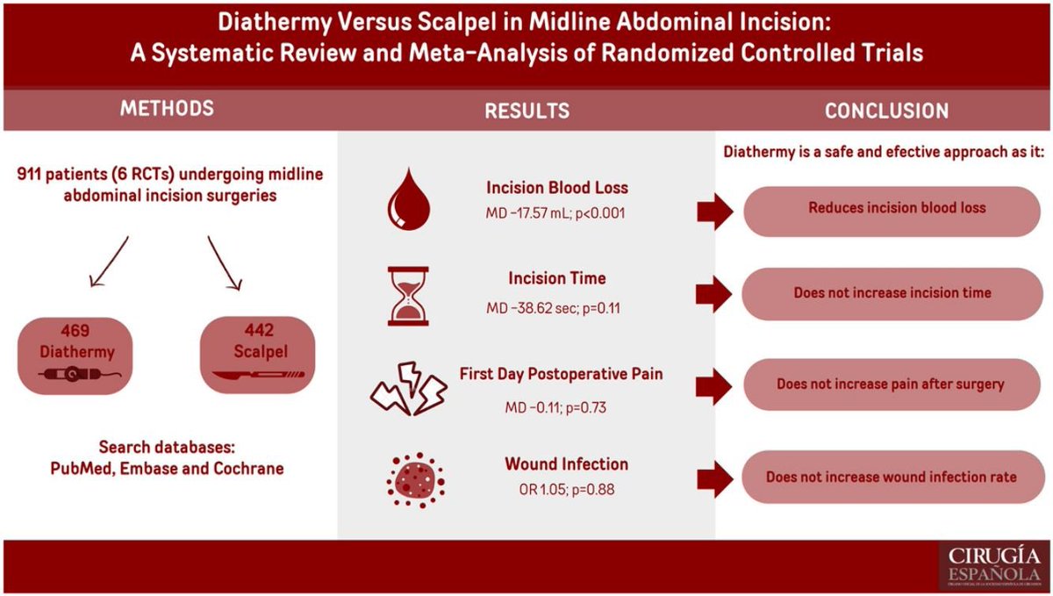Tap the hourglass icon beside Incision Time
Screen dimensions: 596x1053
point(410,296)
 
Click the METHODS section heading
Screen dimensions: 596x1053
point(167,109)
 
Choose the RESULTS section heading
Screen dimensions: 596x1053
point(526,111)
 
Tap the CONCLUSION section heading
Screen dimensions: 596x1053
point(886,111)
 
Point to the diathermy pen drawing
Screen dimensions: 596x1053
point(75,377)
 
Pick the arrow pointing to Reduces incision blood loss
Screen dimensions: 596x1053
point(713,211)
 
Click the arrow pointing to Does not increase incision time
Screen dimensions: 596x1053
point(713,296)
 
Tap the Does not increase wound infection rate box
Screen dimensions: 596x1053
point(891,477)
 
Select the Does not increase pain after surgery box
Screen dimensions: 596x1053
point(891,384)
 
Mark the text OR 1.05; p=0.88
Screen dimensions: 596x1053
point(566,489)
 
